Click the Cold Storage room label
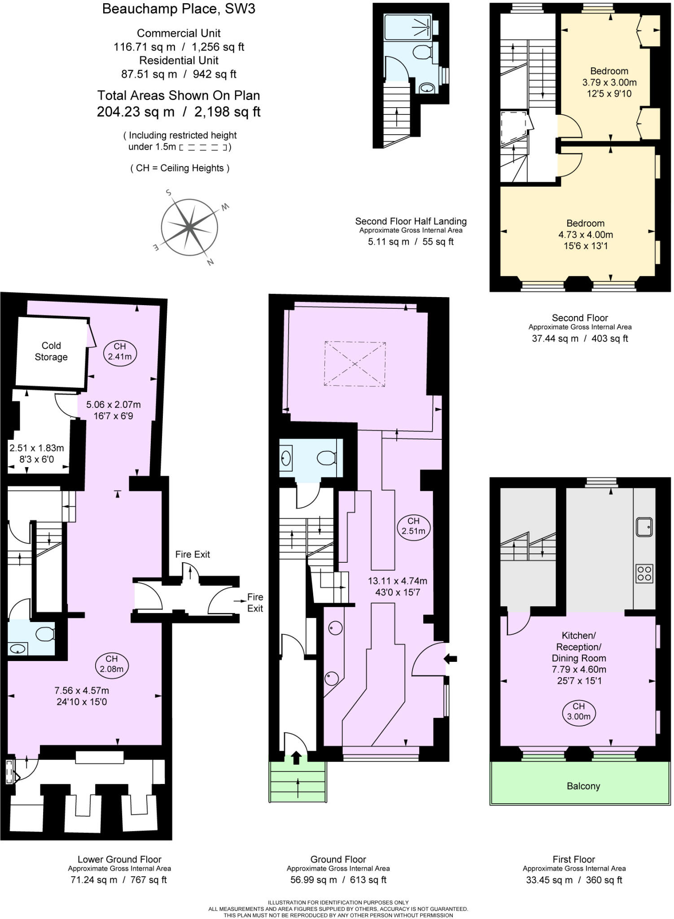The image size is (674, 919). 51,351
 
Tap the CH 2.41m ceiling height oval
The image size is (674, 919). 120,351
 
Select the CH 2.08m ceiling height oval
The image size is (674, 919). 112,664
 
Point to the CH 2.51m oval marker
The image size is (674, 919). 413,526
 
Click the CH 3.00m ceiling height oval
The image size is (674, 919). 578,712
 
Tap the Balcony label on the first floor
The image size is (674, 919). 583,786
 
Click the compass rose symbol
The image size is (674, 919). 189,228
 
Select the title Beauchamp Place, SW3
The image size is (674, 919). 179,9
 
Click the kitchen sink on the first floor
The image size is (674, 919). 644,527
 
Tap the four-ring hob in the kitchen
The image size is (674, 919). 644,573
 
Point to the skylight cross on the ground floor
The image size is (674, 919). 355,363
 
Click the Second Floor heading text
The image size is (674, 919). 580,318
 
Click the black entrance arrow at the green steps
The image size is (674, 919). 296,758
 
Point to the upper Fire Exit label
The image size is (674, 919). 193,554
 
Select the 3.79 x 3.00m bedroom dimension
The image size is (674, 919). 609,82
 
